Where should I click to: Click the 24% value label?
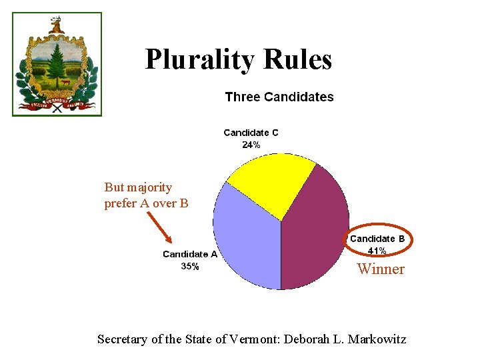point(251,145)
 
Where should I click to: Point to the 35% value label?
point(189,266)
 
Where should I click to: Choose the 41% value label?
point(377,251)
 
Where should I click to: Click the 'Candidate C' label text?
point(251,133)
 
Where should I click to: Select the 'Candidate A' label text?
point(190,254)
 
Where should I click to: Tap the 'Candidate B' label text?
point(377,239)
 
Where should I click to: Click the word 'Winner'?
point(381,269)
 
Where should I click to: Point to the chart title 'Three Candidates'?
point(279,97)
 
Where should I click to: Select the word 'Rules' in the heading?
point(297,60)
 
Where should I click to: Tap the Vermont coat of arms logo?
point(57,65)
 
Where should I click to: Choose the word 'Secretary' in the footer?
point(123,339)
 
